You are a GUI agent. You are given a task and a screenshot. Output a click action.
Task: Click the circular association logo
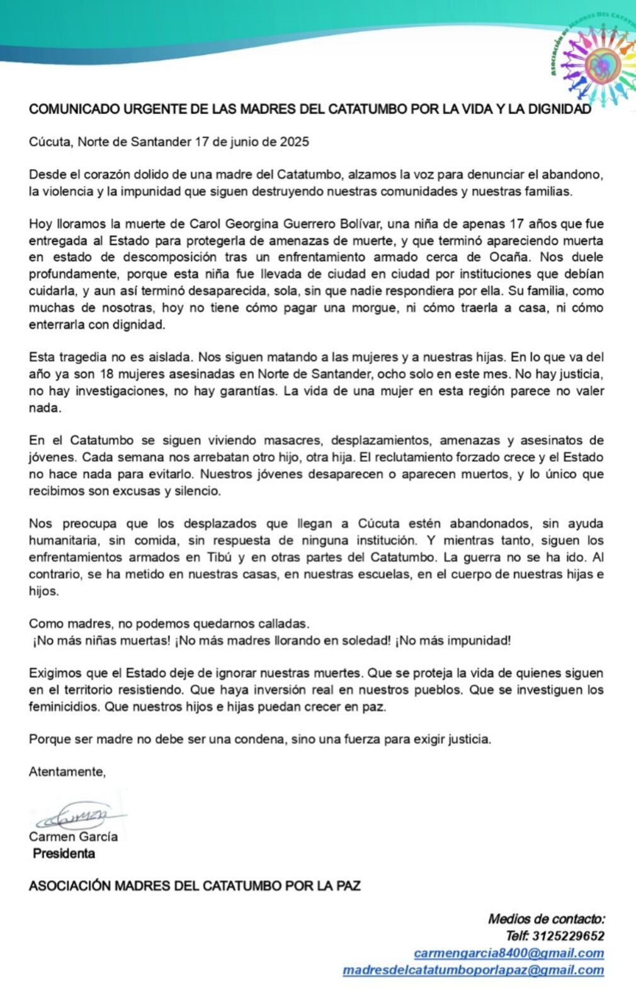(594, 64)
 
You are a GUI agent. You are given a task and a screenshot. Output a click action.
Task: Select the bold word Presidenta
(64, 854)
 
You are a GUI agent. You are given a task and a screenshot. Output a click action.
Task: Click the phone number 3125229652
(568, 936)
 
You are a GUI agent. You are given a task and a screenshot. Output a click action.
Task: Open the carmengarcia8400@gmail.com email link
(509, 953)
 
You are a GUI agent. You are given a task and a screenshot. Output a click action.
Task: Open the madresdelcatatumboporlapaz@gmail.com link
(473, 970)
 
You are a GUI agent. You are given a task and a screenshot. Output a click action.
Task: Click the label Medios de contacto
(546, 919)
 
